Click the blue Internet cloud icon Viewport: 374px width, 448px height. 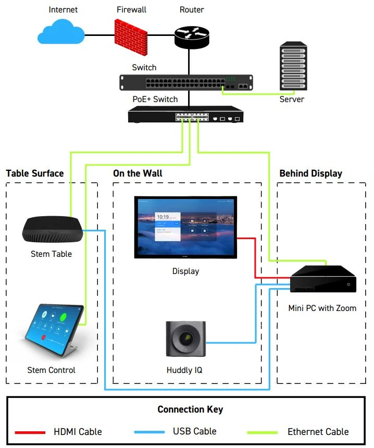coord(61,33)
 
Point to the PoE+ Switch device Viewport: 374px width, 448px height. coord(186,115)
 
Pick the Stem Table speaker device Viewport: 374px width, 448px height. coord(52,229)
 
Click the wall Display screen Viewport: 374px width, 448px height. coord(185,227)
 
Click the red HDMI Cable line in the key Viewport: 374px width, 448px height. coord(32,432)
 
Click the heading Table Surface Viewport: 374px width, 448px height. coord(34,173)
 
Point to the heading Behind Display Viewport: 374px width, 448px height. coord(310,173)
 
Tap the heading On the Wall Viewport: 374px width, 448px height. coord(138,173)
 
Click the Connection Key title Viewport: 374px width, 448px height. coord(190,409)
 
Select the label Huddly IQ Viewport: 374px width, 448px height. coord(185,370)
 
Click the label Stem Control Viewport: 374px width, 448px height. coord(51,370)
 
